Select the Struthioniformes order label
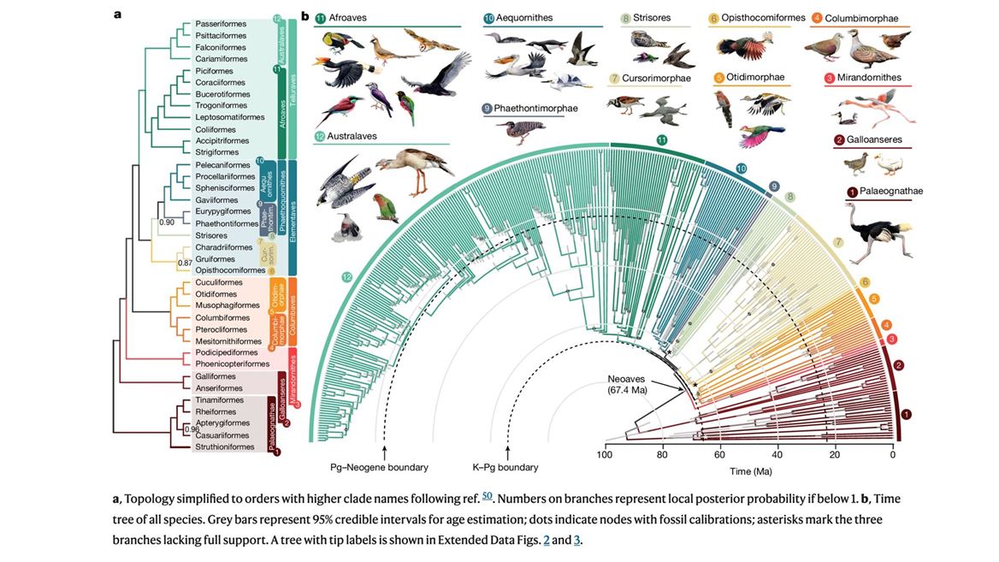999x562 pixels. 225,447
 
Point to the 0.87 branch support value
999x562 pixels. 185,263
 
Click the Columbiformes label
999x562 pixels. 222,317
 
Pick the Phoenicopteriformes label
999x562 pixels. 233,364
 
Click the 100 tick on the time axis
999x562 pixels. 605,455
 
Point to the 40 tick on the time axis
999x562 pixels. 777,455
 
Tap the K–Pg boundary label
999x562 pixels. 505,467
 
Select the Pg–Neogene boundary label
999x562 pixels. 379,467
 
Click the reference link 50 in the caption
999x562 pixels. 487,497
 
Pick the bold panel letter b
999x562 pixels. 304,15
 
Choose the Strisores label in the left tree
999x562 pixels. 211,235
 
